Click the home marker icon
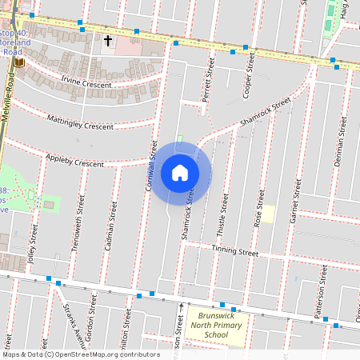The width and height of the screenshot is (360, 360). pos(180,173)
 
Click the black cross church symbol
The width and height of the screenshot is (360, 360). pos(108,39)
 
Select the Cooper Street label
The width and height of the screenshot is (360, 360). pos(250,77)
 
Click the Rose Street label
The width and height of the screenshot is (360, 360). pos(258,208)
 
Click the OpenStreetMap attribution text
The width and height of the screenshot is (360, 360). pos(80,354)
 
